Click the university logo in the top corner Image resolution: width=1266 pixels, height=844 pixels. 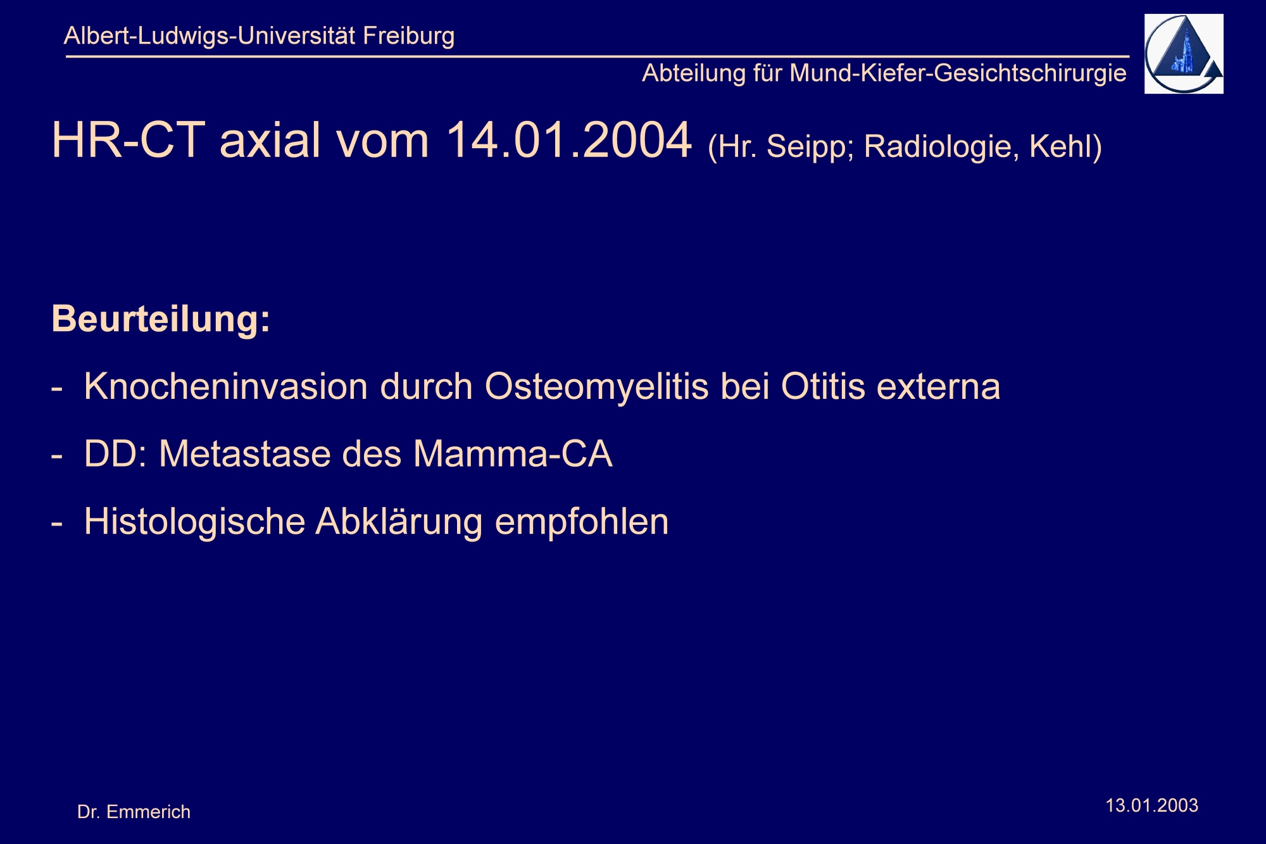pos(1184,54)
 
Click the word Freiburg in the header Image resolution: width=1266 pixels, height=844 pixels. pos(408,36)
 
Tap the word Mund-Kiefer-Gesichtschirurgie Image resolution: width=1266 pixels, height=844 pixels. pos(958,73)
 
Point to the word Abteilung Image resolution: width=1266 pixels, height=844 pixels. pos(694,73)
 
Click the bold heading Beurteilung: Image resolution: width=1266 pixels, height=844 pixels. pos(161,318)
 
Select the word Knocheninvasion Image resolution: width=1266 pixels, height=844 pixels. pos(226,386)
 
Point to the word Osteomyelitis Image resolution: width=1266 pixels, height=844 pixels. pos(597,387)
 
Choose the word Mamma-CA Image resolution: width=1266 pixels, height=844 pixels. pos(513,454)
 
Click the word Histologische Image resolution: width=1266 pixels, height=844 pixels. pos(195,522)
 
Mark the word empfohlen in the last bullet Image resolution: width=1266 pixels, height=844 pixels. pos(582,522)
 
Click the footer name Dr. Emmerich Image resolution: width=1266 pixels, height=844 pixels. pos(134,812)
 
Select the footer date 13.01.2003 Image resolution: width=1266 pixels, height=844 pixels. pos(1151,805)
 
